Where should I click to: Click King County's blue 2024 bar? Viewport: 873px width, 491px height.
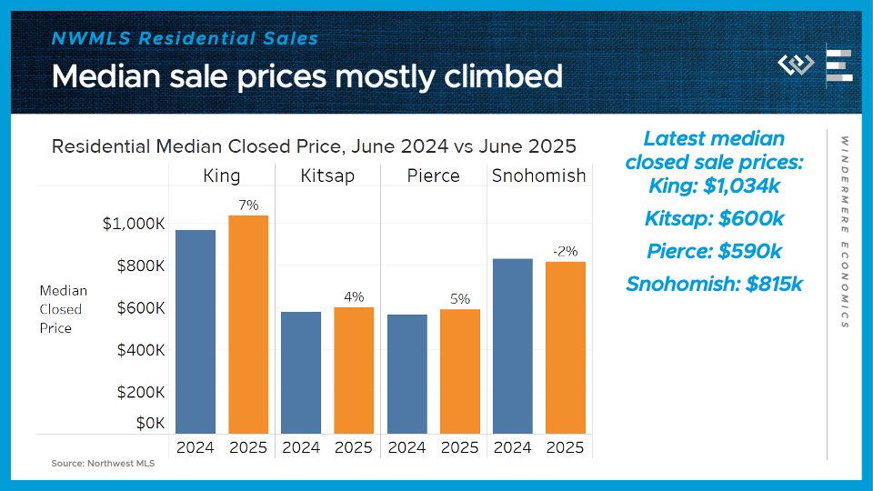196,332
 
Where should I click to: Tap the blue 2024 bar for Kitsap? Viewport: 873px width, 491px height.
301,373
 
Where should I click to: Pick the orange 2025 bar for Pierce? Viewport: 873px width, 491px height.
459,371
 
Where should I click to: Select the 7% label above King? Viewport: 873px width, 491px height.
248,205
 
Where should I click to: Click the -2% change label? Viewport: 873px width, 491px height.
565,251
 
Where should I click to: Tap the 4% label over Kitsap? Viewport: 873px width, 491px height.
354,296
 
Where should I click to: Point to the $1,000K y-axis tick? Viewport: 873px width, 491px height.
134,224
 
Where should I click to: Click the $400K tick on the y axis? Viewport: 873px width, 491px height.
141,350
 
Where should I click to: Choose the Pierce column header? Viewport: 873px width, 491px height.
433,175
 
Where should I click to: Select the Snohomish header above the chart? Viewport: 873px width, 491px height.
538,175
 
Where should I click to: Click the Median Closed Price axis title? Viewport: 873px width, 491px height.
63,309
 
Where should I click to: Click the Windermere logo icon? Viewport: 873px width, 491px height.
796,65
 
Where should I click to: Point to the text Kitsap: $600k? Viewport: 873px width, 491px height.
714,219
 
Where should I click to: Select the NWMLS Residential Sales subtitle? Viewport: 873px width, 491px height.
186,39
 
